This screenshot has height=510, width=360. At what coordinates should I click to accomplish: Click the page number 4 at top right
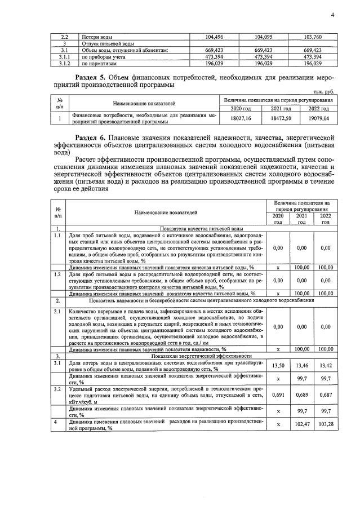[332, 15]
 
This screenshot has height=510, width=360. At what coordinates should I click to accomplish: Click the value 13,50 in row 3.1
[277, 366]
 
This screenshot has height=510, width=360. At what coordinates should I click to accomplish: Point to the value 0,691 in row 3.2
[277, 395]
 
